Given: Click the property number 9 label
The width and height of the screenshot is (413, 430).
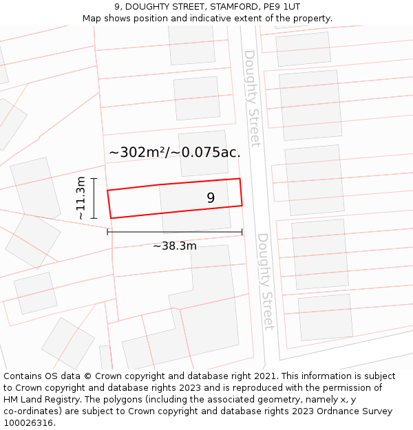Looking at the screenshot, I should [211, 198].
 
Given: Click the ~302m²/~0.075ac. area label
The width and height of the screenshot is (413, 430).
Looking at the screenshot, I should [175, 153].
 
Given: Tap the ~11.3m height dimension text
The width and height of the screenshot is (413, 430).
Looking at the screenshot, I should [81, 198].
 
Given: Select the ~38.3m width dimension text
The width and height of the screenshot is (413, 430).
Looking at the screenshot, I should [175, 246].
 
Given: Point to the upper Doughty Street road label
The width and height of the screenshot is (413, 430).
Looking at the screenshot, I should [252, 98].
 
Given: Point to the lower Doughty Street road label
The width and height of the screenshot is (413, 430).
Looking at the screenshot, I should [265, 281].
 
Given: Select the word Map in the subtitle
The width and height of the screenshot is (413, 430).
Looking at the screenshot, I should [92, 19].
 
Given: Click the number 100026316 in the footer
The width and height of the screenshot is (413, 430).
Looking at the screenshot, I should [28, 423].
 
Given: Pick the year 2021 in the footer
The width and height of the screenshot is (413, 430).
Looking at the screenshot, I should [264, 376].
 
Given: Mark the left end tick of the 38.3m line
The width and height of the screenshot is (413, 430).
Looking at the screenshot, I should [108, 232].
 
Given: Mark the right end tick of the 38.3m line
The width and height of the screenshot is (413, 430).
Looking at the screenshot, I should [242, 232].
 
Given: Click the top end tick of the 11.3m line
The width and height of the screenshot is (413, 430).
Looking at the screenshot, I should [94, 179].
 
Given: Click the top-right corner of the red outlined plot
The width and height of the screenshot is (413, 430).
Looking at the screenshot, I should [240, 179].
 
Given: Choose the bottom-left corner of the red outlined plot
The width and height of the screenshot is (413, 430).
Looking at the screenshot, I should [111, 218].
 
